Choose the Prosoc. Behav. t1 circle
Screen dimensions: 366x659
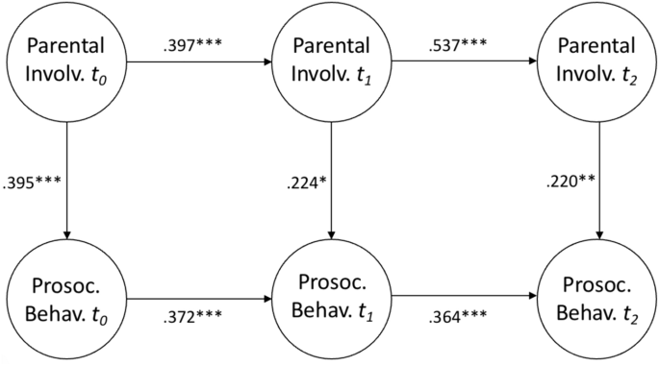click(x=332, y=299)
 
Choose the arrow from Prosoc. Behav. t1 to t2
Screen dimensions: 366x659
click(x=466, y=299)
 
